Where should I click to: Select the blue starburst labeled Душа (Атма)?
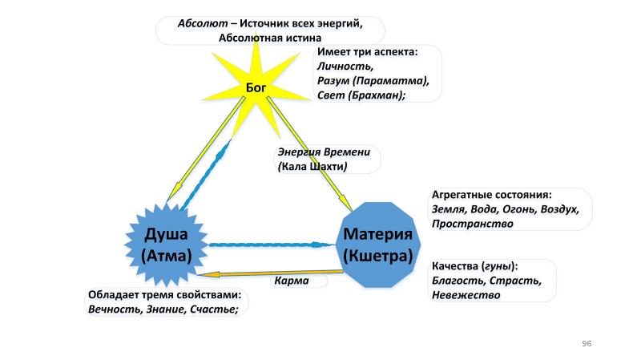166,245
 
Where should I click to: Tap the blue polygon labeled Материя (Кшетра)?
377,245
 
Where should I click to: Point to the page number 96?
587,343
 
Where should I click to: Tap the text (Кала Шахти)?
312,167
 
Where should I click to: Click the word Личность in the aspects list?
345,67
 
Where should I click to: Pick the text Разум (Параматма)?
373,80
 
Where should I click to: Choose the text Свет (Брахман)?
361,95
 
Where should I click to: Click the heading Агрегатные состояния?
492,195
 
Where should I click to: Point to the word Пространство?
472,224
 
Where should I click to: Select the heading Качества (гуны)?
474,266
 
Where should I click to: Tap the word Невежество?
466,295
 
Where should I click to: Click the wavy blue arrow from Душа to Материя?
272,244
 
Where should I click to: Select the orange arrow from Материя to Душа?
272,273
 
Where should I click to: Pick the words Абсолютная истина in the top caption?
269,37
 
